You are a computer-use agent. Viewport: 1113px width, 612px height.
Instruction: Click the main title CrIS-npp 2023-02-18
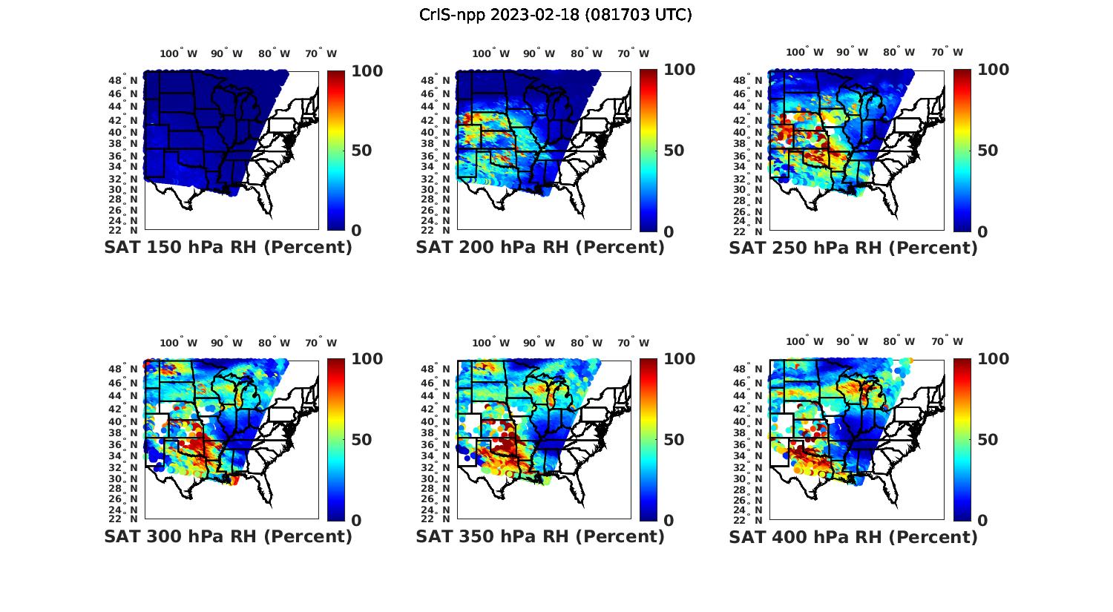556,15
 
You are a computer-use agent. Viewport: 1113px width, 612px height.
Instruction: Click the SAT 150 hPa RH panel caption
228,248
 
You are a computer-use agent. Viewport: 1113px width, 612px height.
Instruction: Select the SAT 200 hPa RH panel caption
540,248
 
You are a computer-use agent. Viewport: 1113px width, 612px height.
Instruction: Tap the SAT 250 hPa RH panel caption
853,248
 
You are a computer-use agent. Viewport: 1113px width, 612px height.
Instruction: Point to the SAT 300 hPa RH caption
228,536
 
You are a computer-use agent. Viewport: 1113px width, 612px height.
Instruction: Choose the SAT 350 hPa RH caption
540,536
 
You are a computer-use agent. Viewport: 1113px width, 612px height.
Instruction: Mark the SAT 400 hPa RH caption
853,536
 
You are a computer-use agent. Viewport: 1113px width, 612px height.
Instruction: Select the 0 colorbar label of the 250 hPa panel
982,231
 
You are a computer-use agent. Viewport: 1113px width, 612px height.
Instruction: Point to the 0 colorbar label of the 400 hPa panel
982,520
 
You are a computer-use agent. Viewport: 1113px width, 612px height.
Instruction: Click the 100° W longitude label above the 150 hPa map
179,53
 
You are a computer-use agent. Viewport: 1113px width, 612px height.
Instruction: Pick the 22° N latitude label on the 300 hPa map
128,519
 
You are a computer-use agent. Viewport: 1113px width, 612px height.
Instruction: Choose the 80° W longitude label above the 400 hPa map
899,342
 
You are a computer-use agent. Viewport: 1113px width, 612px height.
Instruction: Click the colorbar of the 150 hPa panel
336,151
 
